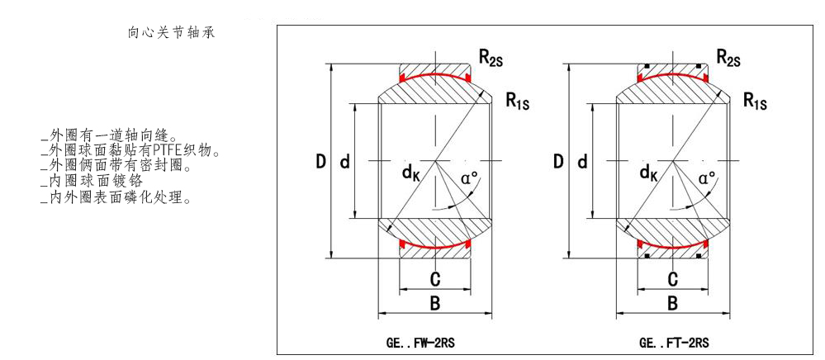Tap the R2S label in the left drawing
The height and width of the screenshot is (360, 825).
495,57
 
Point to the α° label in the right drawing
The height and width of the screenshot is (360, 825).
707,178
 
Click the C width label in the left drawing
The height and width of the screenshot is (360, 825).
434,278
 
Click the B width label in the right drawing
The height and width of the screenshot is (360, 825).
672,303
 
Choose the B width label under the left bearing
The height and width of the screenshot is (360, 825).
434,303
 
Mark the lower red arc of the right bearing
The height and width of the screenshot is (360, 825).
672,246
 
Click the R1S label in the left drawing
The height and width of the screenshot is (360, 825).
518,101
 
